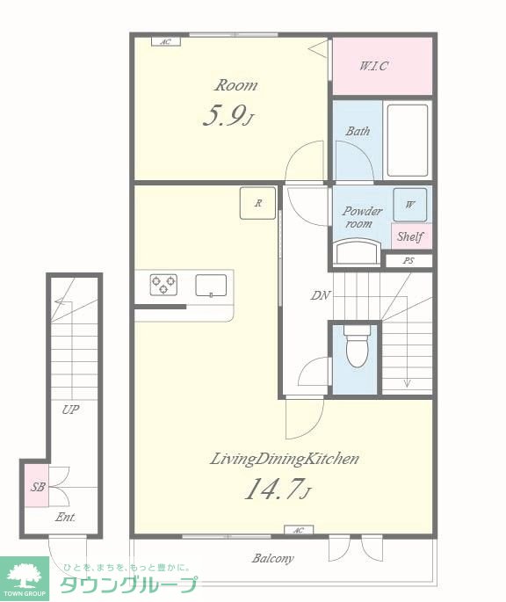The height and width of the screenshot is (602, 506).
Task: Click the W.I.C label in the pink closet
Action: [x=373, y=66]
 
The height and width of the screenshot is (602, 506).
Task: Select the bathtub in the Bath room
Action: [x=408, y=140]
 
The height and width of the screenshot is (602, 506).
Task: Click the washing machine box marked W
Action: [x=410, y=205]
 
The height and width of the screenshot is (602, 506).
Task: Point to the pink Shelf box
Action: [x=411, y=236]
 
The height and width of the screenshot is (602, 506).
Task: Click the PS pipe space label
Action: [x=408, y=261]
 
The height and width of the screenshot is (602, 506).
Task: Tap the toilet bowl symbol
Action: [x=357, y=346]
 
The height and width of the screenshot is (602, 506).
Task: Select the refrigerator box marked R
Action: [x=257, y=203]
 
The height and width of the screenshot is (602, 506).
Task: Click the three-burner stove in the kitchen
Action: [x=163, y=285]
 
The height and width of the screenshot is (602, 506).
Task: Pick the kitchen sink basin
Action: [x=211, y=286]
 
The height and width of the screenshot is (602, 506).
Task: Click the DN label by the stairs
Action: [x=320, y=295]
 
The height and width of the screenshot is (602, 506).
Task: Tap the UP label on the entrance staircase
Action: [x=70, y=410]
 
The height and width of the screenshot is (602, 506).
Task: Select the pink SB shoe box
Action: [x=37, y=486]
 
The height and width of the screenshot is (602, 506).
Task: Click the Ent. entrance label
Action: [x=65, y=517]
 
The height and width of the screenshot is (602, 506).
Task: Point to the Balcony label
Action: [x=273, y=558]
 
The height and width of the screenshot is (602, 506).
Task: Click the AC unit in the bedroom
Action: [x=165, y=41]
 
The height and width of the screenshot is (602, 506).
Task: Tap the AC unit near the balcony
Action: [x=299, y=530]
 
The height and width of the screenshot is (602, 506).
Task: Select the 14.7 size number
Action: [x=271, y=489]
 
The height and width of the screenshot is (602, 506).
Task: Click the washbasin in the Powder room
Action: [x=357, y=252]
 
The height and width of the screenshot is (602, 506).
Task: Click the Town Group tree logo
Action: [x=25, y=575]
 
